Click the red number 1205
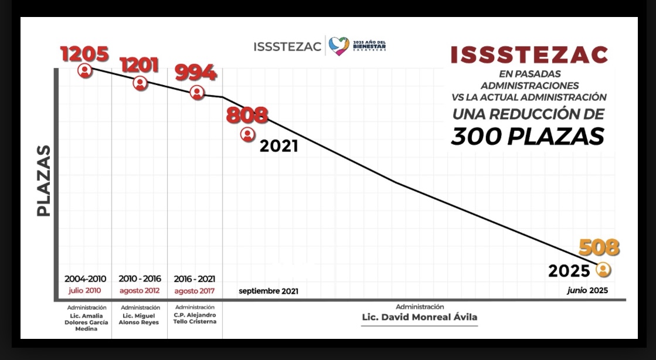point(85,54)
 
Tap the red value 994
point(196,73)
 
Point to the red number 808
point(247,115)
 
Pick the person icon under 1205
point(86,71)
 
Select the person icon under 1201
point(140,83)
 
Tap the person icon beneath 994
point(197,92)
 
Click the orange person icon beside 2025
point(603,270)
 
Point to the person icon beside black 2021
point(247,134)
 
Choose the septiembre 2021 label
point(268,291)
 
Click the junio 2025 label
point(587,290)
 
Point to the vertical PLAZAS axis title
point(43,182)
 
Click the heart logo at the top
point(338,46)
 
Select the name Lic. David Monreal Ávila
point(420,318)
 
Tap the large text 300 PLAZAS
point(527,136)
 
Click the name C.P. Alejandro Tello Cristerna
point(195,318)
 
